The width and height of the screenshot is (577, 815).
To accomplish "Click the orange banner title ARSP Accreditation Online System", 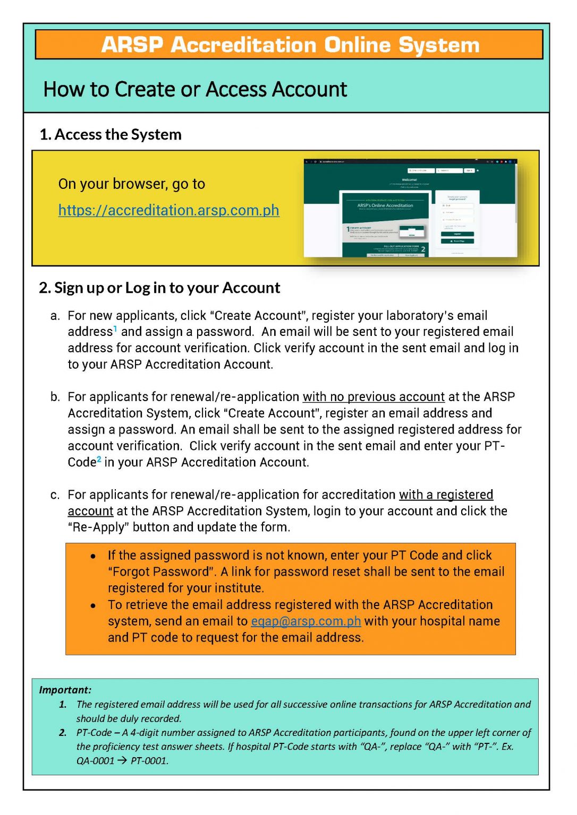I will point(290,45).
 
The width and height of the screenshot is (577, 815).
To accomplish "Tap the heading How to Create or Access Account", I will point(195,89).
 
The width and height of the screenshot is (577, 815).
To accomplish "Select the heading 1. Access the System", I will point(111,135).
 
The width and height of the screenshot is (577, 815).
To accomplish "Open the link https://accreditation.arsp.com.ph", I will point(168,211).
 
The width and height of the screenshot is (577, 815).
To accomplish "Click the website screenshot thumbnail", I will point(410,208).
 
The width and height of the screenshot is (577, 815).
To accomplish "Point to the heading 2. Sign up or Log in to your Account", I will point(159,288).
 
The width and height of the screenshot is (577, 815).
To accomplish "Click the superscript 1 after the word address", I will point(115,328).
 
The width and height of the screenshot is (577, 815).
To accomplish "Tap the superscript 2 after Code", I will point(99,459).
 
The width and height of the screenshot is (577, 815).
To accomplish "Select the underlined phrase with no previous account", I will point(374,397).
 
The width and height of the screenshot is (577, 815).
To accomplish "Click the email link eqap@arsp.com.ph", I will point(306,621).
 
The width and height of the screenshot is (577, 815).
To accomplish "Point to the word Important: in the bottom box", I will point(65,690).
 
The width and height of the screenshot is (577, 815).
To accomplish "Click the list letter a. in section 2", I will point(55,316).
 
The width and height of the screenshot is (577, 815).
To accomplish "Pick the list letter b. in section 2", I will point(55,397).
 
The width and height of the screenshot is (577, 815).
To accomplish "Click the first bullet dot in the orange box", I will point(94,557).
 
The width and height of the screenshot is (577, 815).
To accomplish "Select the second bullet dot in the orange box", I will point(94,605).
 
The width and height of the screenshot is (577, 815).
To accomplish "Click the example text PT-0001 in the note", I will point(149,761).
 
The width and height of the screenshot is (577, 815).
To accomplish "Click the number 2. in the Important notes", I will point(63,733).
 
